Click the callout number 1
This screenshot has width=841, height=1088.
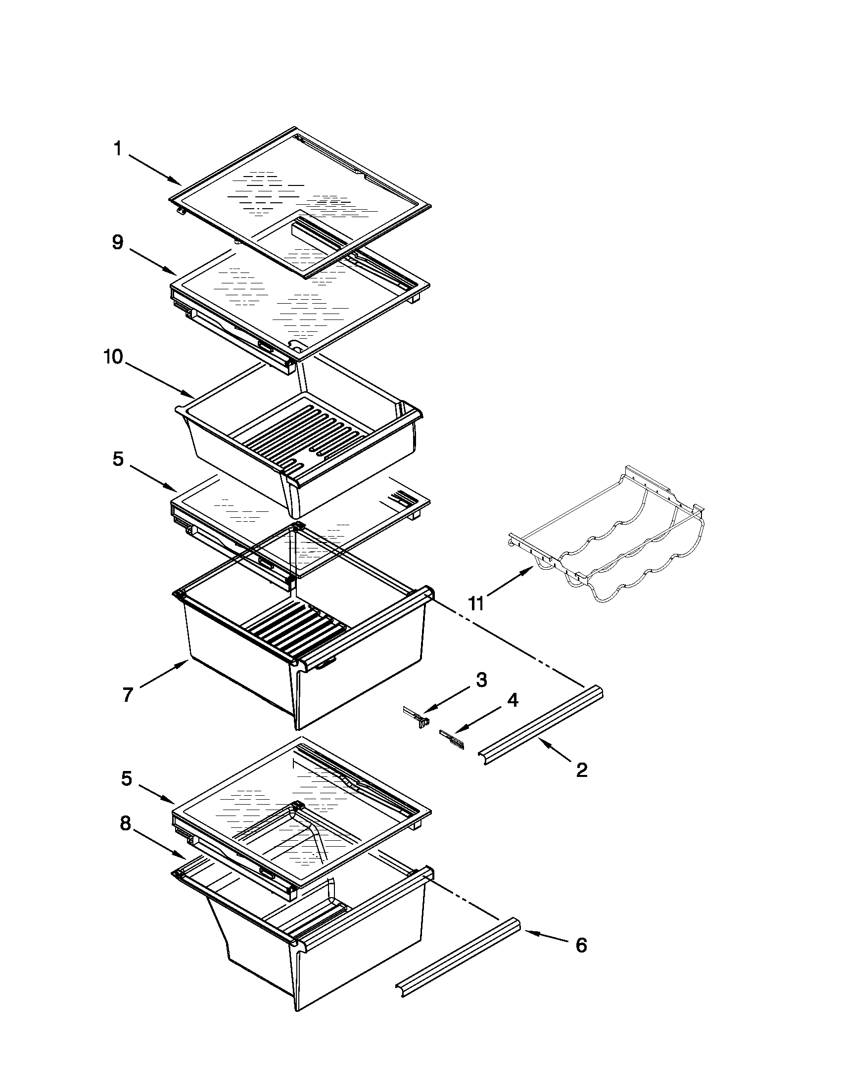pyautogui.click(x=118, y=149)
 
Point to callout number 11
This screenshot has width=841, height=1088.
pyautogui.click(x=476, y=604)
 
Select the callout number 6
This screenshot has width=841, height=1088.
pyautogui.click(x=581, y=945)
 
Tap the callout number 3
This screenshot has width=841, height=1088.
pyautogui.click(x=481, y=680)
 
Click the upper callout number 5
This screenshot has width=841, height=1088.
pyautogui.click(x=118, y=459)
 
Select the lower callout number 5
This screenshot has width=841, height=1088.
pyautogui.click(x=127, y=778)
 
